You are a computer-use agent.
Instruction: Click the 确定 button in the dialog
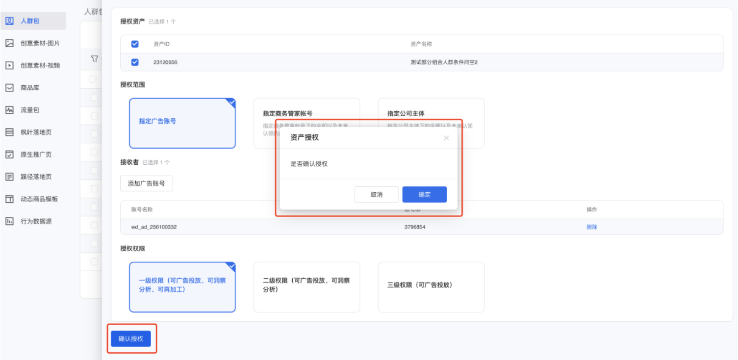(424, 195)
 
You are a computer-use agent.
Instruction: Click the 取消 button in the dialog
(376, 195)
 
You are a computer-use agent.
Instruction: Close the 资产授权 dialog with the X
(446, 138)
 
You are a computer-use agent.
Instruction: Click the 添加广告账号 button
(146, 183)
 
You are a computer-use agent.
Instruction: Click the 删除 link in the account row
(592, 227)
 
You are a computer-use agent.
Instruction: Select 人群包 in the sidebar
(30, 21)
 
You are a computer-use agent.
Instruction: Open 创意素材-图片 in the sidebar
(40, 43)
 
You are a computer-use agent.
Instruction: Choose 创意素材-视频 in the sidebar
(40, 65)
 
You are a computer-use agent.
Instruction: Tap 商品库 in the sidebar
(30, 88)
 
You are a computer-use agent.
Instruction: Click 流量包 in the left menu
(30, 110)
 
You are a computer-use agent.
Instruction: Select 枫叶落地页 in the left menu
(36, 132)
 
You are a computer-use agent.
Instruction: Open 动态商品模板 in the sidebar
(39, 199)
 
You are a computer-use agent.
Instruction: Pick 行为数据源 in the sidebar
(36, 221)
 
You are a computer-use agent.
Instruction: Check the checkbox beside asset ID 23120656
(135, 62)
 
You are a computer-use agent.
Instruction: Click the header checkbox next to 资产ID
(135, 44)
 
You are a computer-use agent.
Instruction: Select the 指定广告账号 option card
(182, 123)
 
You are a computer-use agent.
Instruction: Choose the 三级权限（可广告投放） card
(431, 287)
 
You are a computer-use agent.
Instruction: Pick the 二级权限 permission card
(306, 287)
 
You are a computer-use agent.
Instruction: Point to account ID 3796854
(414, 227)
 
